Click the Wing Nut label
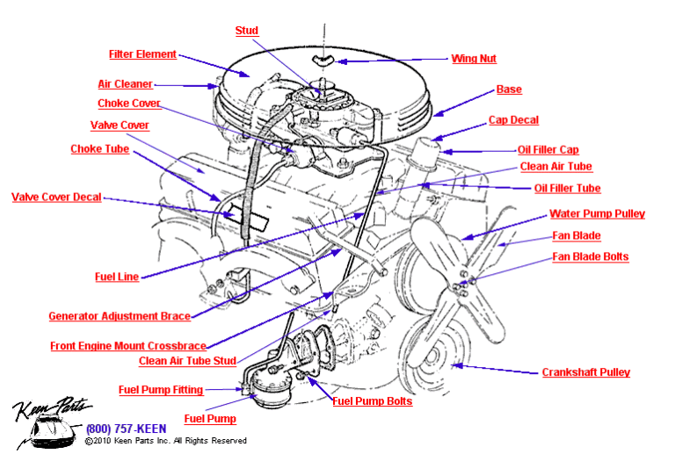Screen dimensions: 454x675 tap(474, 59)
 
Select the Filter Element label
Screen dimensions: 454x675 tap(142, 54)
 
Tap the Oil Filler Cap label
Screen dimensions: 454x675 tap(548, 150)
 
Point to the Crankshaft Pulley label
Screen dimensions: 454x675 tap(585, 372)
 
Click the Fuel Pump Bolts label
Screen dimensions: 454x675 tap(372, 401)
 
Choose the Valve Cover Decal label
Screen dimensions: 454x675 tap(56, 198)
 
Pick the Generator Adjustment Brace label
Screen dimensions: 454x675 tap(119, 316)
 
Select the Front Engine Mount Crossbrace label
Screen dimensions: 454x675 tap(128, 345)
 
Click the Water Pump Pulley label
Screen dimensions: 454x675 tap(597, 213)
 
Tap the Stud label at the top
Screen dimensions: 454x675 tap(247, 31)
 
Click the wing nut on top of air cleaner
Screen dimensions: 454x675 tap(323, 60)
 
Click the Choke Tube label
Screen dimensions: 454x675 tap(100, 149)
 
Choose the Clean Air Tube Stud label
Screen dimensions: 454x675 tap(187, 361)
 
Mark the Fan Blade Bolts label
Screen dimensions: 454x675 tap(590, 256)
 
